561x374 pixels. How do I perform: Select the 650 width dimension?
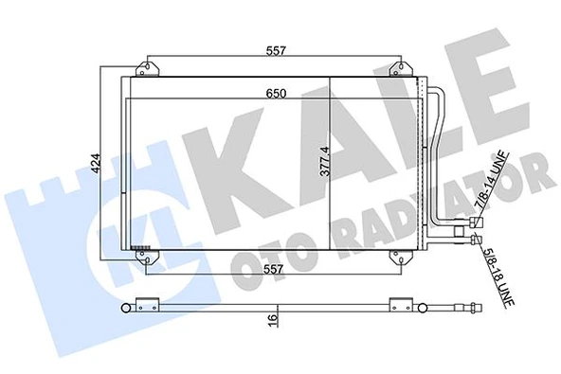[x=278, y=93]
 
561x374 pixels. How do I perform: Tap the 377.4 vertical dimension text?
[x=324, y=160]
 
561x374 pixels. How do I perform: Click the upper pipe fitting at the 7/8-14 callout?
[x=470, y=225]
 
